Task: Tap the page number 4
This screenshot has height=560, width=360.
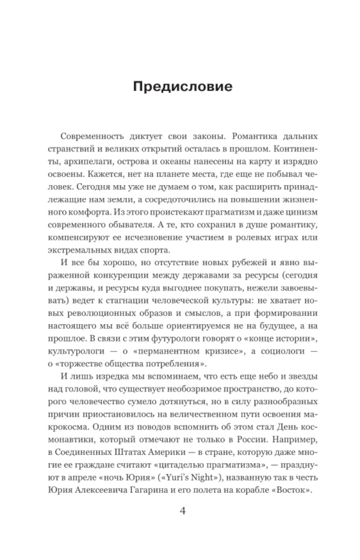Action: [x=183, y=511]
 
